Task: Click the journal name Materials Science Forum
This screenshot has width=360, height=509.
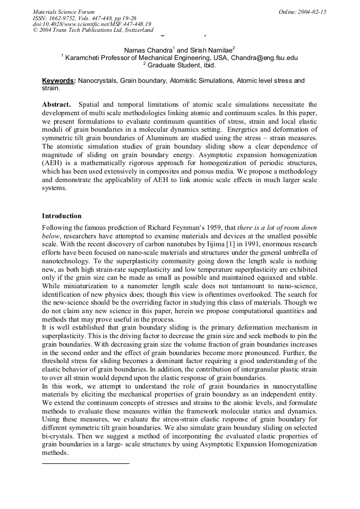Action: pos(64,12)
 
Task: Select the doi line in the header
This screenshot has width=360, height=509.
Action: pos(92,24)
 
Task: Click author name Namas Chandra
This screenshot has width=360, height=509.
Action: pos(148,50)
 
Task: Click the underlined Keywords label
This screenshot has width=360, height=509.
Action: pos(58,81)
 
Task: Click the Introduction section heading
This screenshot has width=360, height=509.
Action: pos(62,216)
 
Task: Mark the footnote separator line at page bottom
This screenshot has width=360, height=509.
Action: pos(85,463)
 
